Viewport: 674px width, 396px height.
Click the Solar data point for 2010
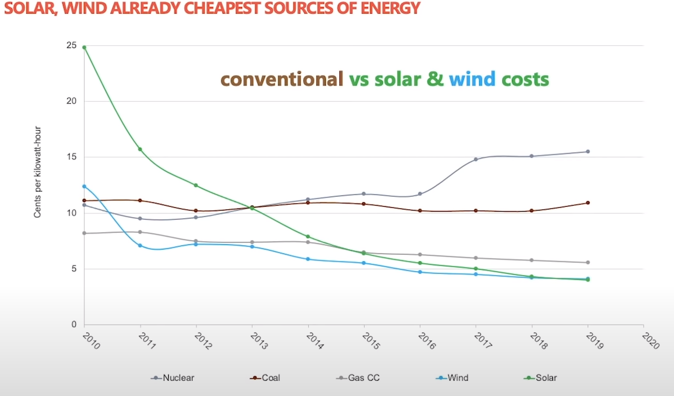tap(84, 48)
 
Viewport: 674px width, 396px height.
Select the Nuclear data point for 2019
tap(587, 152)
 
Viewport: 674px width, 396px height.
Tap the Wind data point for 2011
tap(140, 246)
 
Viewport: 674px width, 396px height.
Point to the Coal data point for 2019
tap(587, 203)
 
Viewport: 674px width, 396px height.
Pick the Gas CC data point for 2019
tap(587, 263)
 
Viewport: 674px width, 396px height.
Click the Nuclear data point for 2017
tap(476, 159)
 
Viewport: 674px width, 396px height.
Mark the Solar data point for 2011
tap(140, 149)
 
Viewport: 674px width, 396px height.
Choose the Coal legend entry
tap(267, 377)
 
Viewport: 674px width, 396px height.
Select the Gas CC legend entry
tap(358, 377)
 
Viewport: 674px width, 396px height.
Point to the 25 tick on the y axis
tap(72, 45)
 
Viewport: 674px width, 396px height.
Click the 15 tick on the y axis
tap(72, 158)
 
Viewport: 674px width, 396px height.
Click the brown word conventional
tap(281, 79)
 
